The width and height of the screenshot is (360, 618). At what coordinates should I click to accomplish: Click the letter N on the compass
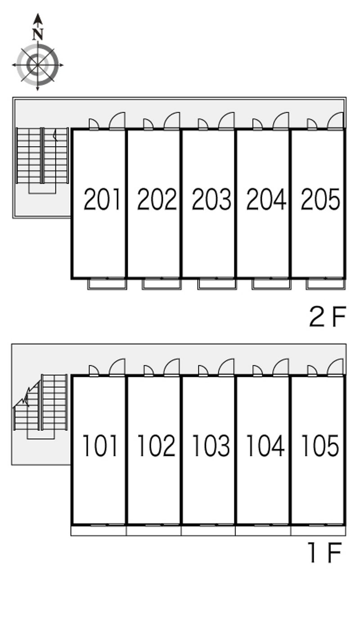[x=38, y=34]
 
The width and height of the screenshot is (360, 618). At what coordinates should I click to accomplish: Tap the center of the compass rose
[x=37, y=65]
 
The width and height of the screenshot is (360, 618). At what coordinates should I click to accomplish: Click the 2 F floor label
[x=328, y=317]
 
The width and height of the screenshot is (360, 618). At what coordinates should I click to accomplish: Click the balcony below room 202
[x=162, y=284]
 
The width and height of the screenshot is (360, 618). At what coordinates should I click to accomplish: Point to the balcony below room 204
[x=271, y=284]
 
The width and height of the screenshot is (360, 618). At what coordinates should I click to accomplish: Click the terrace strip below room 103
[x=208, y=531]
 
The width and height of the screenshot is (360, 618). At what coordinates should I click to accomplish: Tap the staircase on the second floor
[x=42, y=161]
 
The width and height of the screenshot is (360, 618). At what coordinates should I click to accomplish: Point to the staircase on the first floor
[x=40, y=406]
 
